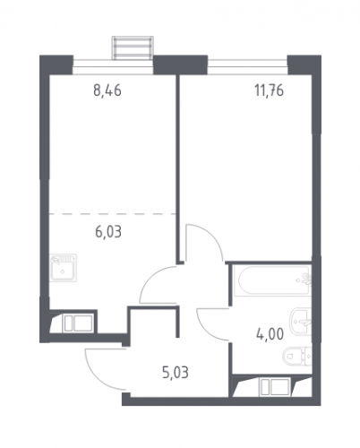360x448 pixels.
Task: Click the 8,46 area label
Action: click(x=107, y=90)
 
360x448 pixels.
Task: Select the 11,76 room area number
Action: click(x=269, y=90)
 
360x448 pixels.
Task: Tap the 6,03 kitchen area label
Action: click(x=108, y=232)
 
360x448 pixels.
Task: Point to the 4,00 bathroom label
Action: click(x=270, y=334)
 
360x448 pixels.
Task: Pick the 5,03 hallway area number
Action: click(x=176, y=373)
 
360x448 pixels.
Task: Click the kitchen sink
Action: click(x=63, y=268)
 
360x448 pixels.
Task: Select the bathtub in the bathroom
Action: click(x=272, y=280)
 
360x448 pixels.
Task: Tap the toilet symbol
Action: click(x=296, y=356)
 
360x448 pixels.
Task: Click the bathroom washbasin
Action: click(x=300, y=323)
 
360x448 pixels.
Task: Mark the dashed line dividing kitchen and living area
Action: click(x=112, y=214)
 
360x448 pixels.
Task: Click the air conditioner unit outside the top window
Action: click(x=133, y=47)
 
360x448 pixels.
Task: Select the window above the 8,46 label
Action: click(x=113, y=67)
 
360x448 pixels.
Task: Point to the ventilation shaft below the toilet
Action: click(x=271, y=386)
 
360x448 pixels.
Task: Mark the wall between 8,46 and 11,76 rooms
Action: click(x=177, y=168)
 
